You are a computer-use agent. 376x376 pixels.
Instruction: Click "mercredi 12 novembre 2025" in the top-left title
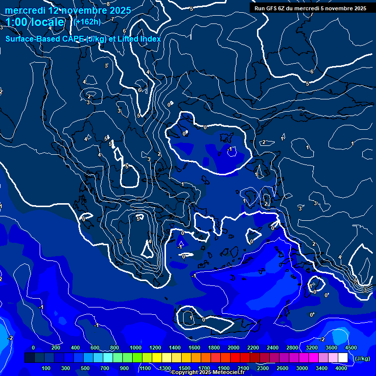click(x=68, y=10)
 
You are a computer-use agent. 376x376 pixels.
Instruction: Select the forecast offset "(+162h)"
click(x=87, y=22)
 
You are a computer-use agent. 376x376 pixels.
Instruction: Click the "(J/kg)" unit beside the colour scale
click(x=361, y=358)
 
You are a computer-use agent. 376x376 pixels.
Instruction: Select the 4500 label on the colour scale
click(x=350, y=348)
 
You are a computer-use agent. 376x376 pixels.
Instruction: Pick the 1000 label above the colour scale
click(x=135, y=348)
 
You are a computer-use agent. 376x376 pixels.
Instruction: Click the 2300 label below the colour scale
click(x=262, y=368)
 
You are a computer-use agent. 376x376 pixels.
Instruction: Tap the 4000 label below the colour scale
click(x=341, y=368)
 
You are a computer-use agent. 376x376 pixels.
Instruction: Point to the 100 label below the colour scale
click(x=47, y=368)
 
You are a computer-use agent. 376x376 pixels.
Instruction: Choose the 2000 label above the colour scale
click(x=234, y=348)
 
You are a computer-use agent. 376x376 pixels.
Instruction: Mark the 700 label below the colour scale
click(x=105, y=368)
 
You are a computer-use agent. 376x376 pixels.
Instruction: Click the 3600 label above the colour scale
click(x=331, y=348)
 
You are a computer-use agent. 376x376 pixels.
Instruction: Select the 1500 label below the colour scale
click(x=184, y=368)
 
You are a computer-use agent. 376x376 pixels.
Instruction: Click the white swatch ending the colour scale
click(x=343, y=358)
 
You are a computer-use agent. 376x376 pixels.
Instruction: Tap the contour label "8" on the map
click(x=108, y=4)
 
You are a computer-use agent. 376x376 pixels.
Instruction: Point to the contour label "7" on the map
click(x=112, y=19)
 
